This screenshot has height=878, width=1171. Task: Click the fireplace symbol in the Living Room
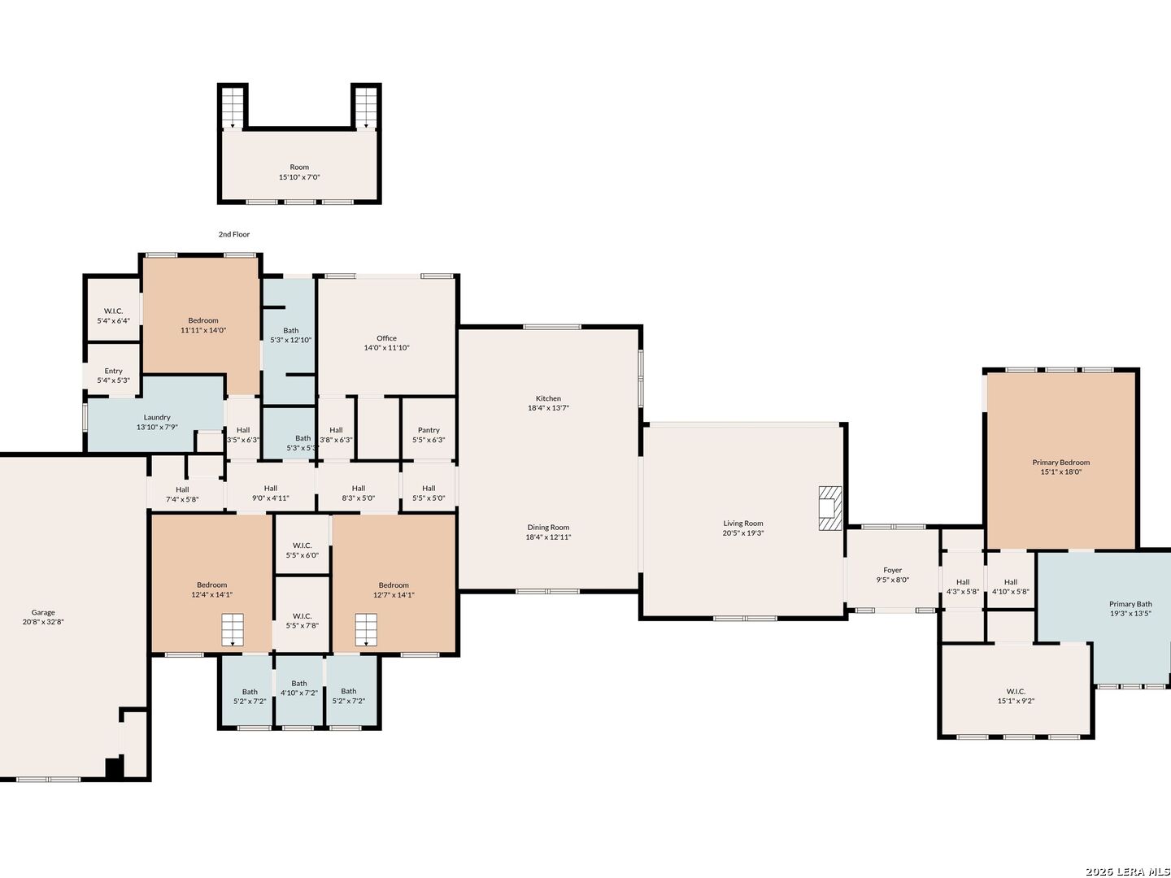tap(830, 508)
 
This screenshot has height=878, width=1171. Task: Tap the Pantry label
tap(429, 430)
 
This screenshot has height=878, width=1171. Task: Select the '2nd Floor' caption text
tap(233, 234)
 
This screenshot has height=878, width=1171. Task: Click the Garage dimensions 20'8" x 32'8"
tap(43, 622)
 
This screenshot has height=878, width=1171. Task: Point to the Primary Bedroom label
tap(1060, 463)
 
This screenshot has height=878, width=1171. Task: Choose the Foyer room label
tap(893, 570)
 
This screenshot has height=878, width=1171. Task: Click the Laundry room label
tap(157, 417)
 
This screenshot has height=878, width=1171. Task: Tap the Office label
tap(386, 338)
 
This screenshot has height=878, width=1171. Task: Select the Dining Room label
tap(548, 528)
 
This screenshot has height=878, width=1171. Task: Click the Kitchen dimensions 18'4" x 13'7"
tap(548, 408)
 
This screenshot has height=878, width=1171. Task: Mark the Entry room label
tap(113, 371)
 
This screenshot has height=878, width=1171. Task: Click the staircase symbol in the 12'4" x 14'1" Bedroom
tap(233, 629)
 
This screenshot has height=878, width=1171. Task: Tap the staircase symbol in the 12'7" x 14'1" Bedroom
tap(366, 629)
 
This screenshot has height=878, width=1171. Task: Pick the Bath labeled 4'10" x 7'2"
tap(298, 689)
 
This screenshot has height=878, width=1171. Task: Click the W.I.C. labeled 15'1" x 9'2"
tap(1016, 696)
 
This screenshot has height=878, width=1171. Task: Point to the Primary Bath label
tap(1130, 604)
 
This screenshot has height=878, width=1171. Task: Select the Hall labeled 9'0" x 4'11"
tap(271, 493)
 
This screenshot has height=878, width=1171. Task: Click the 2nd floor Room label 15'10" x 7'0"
tap(299, 172)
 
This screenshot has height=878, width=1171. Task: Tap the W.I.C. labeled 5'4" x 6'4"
tap(113, 315)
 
